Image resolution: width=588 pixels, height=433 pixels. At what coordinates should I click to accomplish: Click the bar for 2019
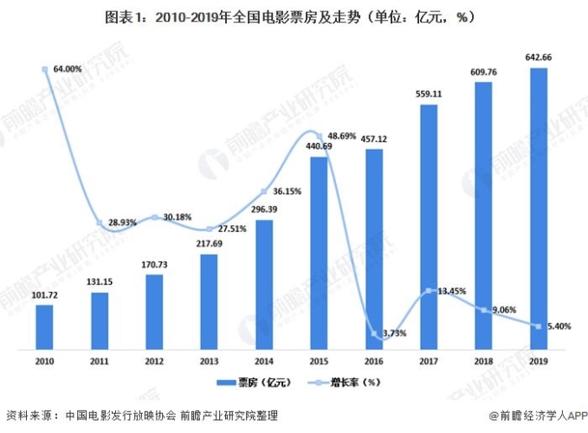pyautogui.click(x=538, y=208)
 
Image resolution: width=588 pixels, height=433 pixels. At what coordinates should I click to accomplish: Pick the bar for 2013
pyautogui.click(x=209, y=290)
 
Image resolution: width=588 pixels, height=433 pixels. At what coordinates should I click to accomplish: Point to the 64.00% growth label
pyautogui.click(x=68, y=68)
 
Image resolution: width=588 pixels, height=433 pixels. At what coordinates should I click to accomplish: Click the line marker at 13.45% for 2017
pyautogui.click(x=428, y=292)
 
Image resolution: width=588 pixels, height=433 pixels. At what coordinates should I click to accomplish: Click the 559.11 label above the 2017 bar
pyautogui.click(x=429, y=94)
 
